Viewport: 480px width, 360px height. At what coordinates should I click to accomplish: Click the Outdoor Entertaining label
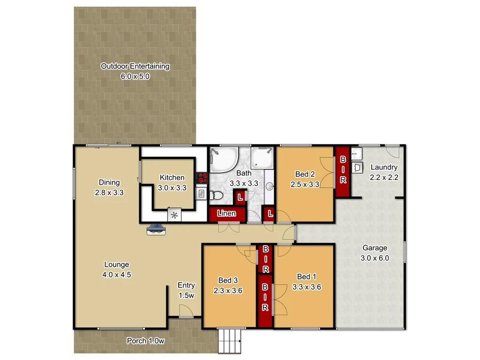pyautogui.click(x=135, y=66)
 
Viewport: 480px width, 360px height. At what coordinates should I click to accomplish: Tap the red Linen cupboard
pyautogui.click(x=227, y=214)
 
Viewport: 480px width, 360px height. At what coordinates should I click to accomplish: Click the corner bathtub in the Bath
pyautogui.click(x=222, y=160)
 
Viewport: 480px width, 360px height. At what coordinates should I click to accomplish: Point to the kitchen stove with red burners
pyautogui.click(x=202, y=178)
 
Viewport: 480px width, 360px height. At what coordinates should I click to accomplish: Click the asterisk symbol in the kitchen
pyautogui.click(x=174, y=215)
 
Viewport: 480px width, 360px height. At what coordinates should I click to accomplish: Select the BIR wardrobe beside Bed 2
pyautogui.click(x=342, y=172)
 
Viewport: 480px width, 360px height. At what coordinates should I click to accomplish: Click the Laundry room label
pyautogui.click(x=384, y=167)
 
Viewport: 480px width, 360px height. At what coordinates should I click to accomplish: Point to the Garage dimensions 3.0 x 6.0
pyautogui.click(x=375, y=258)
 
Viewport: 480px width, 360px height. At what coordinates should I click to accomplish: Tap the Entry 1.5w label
pyautogui.click(x=186, y=290)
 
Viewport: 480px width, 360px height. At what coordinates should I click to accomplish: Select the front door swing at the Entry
pyautogui.click(x=186, y=310)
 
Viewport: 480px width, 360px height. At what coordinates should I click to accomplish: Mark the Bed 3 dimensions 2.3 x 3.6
pyautogui.click(x=227, y=290)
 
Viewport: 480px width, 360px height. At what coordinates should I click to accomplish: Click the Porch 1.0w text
pyautogui.click(x=146, y=341)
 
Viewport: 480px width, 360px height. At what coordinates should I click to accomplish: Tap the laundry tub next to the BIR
pyautogui.click(x=358, y=167)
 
